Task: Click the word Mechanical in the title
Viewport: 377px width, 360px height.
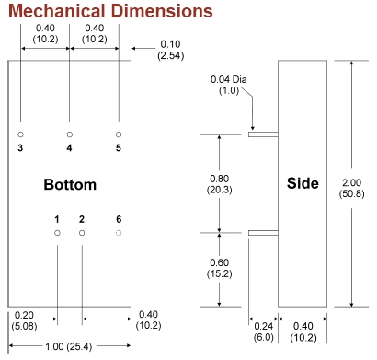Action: tap(57, 11)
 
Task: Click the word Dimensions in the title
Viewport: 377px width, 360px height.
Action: tap(162, 11)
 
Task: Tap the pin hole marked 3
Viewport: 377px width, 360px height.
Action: tap(20, 134)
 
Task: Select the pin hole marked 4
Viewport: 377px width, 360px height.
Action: tap(70, 134)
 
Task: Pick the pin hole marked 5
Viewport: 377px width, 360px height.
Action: tap(119, 134)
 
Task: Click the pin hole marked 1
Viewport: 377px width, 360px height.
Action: tap(57, 233)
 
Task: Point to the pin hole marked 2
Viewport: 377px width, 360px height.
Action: tap(82, 233)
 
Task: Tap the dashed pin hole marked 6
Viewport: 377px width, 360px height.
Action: tap(119, 233)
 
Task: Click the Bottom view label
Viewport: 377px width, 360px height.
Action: tap(70, 184)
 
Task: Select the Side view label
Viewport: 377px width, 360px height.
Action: tap(303, 183)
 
